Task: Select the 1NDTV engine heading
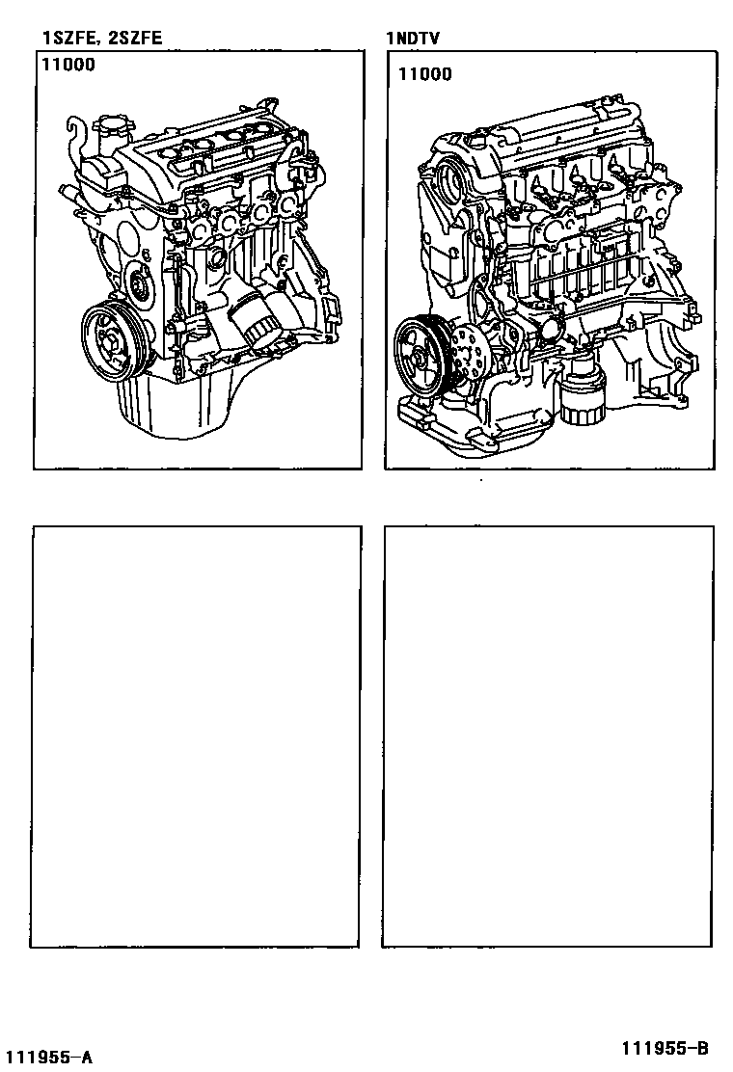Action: tap(413, 38)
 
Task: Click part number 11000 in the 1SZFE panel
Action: tap(68, 65)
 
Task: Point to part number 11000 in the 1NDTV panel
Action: tap(425, 74)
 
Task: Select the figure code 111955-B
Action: tap(665, 1048)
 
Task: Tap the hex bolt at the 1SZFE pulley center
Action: tap(109, 338)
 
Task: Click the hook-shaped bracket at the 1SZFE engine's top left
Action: tap(76, 133)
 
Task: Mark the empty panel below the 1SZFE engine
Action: tap(196, 737)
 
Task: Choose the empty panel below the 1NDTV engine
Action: tap(548, 737)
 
